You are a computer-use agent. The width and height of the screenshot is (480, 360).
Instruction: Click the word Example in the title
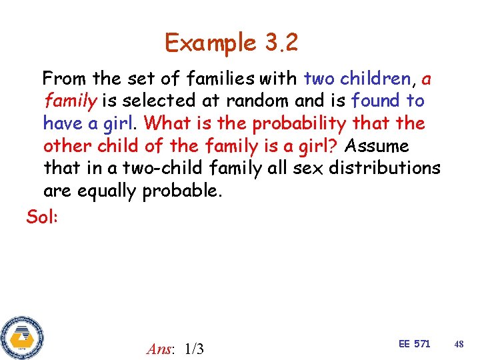tap(210, 43)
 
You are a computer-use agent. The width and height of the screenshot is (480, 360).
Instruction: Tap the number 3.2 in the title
tap(281, 43)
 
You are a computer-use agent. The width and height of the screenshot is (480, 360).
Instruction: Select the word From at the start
tap(65, 79)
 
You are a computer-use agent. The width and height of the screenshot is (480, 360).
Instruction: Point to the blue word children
tap(375, 79)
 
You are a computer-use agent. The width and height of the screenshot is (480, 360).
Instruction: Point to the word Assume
tap(377, 145)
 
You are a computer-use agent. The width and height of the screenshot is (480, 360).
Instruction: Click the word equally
tap(109, 191)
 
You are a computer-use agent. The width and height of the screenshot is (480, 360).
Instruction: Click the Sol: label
tap(42, 217)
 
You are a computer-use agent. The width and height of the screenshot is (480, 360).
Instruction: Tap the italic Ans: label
tap(161, 348)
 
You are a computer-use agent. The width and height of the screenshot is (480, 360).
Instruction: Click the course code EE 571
tap(414, 344)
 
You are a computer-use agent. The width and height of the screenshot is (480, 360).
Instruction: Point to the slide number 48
tap(459, 344)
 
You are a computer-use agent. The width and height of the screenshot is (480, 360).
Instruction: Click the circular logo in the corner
tap(21, 337)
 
